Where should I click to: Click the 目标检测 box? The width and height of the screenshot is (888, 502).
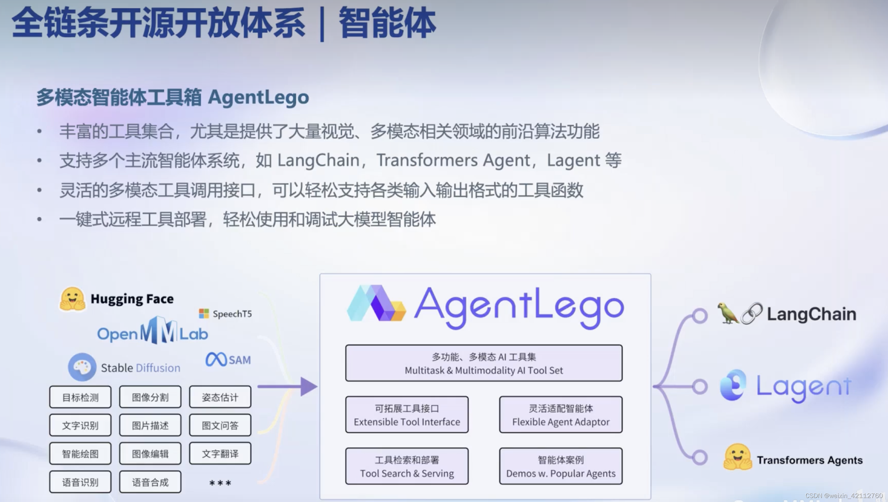[x=80, y=397]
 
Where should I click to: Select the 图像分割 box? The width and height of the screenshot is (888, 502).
[x=150, y=397]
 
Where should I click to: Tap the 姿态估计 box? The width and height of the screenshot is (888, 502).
[x=220, y=397]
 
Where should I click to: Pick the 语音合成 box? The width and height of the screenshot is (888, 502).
[x=150, y=482]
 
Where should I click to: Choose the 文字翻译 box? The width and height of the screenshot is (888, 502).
[x=220, y=454]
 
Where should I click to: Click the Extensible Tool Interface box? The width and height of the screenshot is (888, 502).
[x=407, y=415]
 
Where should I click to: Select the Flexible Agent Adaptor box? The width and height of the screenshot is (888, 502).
[x=561, y=415]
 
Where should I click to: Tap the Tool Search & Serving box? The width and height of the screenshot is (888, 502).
[x=407, y=466]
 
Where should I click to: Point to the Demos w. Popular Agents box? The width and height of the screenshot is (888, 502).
[x=561, y=466]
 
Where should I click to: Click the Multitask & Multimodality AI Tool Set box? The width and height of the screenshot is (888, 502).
[x=484, y=363]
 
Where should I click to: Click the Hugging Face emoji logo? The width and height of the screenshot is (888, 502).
[x=72, y=299]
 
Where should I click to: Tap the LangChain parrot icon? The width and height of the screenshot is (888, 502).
[x=727, y=313]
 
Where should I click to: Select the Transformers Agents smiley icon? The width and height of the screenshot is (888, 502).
[x=737, y=457]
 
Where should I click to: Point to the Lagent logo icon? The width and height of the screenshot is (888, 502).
[x=733, y=385]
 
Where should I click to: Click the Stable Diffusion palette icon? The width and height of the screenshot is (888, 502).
[x=82, y=367]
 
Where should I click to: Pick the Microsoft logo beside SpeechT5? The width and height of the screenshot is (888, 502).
[x=204, y=313]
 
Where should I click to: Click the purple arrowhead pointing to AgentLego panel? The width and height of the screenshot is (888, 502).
[x=308, y=386]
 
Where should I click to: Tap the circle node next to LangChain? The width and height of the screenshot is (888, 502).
[x=700, y=316]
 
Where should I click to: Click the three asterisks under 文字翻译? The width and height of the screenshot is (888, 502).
[x=220, y=483]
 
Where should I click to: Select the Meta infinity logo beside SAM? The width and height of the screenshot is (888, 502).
[x=216, y=360]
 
